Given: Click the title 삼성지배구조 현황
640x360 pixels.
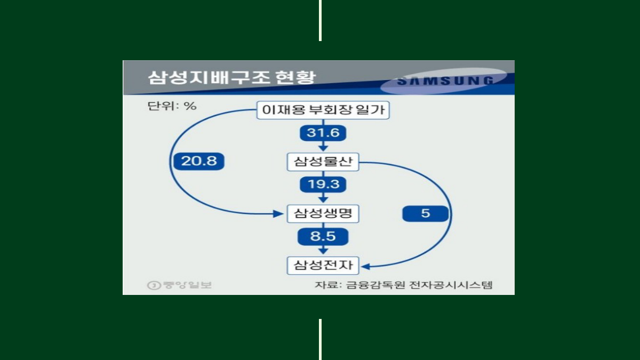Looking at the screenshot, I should [x=231, y=77].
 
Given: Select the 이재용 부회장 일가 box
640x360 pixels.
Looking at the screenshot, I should [x=323, y=110].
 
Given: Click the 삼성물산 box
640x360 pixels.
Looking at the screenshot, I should [x=323, y=162].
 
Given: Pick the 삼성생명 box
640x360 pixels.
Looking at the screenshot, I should [x=323, y=214].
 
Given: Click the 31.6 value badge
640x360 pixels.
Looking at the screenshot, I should [x=323, y=133].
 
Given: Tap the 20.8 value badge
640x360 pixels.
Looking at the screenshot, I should [x=198, y=161].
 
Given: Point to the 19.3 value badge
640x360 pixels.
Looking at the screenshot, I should [x=323, y=185].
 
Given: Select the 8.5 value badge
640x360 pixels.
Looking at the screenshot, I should [x=323, y=236].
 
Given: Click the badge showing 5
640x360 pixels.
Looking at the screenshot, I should [x=425, y=214].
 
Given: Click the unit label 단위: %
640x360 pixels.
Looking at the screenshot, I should [x=172, y=106].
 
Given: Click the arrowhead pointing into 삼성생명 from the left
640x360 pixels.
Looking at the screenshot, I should [x=277, y=214].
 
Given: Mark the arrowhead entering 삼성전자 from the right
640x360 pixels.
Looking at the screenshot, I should [x=365, y=265].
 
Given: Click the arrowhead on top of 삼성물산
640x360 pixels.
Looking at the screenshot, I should [x=323, y=148].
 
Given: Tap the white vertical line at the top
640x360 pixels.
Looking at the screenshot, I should [x=320, y=20].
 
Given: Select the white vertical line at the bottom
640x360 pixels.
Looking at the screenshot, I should [x=320, y=339].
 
